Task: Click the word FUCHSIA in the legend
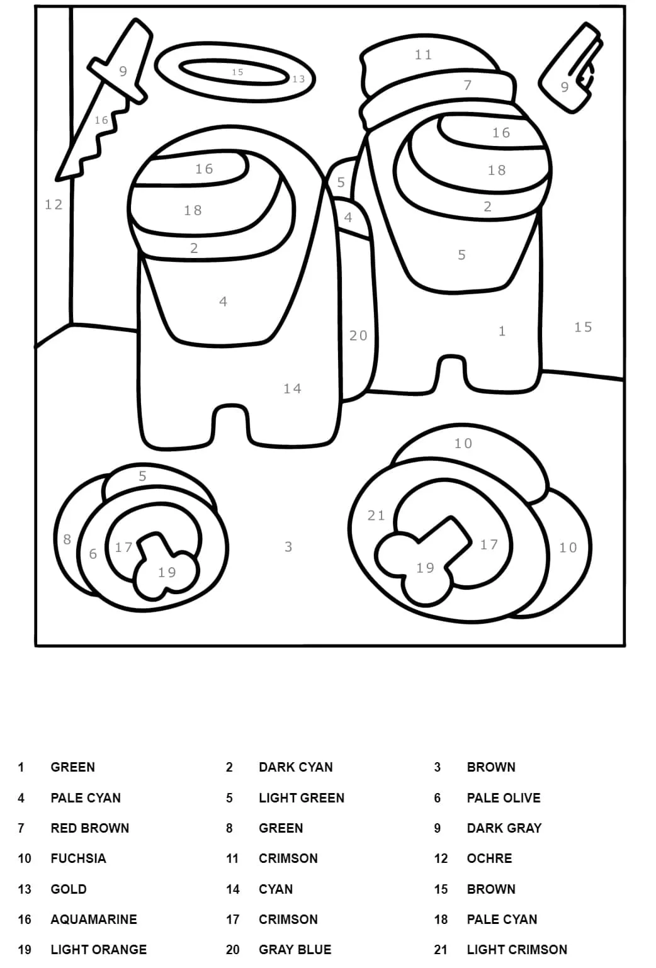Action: pos(78,858)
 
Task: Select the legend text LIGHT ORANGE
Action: pos(99,949)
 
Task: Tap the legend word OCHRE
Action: pos(489,858)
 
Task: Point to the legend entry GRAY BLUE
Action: pos(295,949)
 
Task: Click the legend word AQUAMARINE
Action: pos(94,919)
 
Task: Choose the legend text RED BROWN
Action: pos(90,828)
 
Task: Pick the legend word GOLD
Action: pos(68,889)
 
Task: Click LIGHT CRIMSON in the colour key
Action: pos(517,949)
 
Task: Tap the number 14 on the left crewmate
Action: pos(292,389)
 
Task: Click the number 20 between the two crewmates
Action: pos(358,335)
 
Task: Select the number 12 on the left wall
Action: pos(54,205)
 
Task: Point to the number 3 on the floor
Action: pos(289,547)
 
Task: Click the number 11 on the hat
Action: pos(423,55)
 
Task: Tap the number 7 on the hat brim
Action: pos(468,85)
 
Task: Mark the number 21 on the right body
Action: pos(376,515)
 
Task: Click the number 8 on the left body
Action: pos(67,539)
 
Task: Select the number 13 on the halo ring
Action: pos(298,79)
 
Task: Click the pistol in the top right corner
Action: pos(570,71)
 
